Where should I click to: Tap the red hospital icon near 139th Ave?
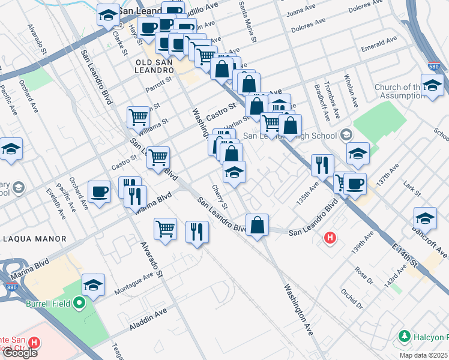coord(330,238)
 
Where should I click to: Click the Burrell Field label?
coord(50,304)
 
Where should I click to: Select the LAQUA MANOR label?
coord(35,239)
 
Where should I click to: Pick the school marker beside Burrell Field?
coord(93,285)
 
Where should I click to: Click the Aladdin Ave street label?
coord(148,321)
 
